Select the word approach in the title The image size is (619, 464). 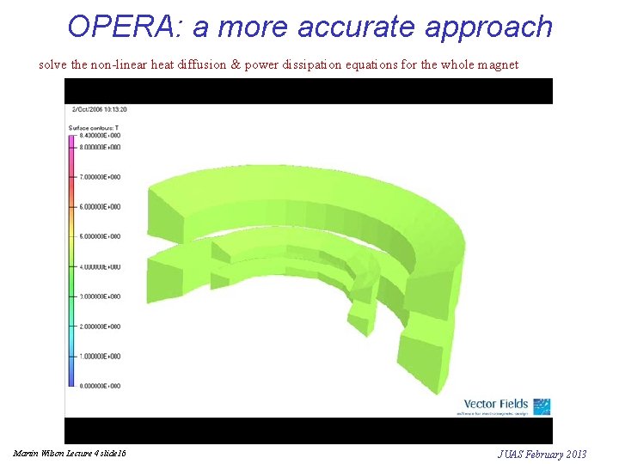488,28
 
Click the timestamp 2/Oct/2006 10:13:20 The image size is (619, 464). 100,109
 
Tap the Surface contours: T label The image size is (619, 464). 94,128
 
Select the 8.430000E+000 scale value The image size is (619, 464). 100,136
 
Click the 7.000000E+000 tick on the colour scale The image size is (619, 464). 100,177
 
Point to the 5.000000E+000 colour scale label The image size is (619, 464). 100,236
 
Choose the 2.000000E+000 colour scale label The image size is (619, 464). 100,327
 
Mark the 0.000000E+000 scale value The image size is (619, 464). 100,386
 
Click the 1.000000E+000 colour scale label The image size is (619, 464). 100,356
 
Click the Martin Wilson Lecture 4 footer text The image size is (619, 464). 70,453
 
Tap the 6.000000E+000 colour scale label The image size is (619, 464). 100,207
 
